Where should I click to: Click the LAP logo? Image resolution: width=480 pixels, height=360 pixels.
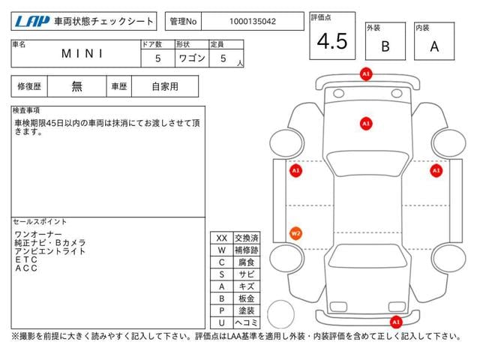pos(32,22)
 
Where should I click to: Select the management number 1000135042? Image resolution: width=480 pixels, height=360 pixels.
pos(253,22)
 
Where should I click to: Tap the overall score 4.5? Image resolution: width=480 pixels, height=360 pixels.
pos(332,41)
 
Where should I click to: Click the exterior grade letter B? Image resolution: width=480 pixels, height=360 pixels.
pos(385,46)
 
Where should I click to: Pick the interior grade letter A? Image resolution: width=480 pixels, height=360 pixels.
pos(434,46)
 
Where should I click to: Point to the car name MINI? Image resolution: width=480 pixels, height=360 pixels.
pos(82,53)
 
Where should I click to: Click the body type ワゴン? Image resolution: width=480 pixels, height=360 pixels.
pos(192,58)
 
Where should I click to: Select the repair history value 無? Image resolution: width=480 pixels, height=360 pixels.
pos(76,86)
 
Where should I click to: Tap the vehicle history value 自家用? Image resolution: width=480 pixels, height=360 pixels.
pos(165,86)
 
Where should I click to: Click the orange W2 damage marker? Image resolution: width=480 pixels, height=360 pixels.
pos(295,233)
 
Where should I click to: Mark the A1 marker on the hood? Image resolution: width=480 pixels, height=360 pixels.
pos(366,124)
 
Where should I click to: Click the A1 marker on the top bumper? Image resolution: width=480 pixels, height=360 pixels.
pos(366,74)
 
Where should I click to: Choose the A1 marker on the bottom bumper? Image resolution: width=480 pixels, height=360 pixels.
pos(396,322)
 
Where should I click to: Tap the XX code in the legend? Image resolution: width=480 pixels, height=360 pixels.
pos(222,238)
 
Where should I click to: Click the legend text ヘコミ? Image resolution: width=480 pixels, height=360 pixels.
pos(247,322)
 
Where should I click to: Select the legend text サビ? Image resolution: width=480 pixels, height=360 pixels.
pos(247,274)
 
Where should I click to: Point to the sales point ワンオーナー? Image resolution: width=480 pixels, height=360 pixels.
pos(38,235)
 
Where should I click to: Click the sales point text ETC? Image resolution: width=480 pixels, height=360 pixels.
pos(26,259)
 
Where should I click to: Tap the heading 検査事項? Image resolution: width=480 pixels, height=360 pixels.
pos(26,110)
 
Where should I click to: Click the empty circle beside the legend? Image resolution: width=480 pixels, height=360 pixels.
pos(280,314)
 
